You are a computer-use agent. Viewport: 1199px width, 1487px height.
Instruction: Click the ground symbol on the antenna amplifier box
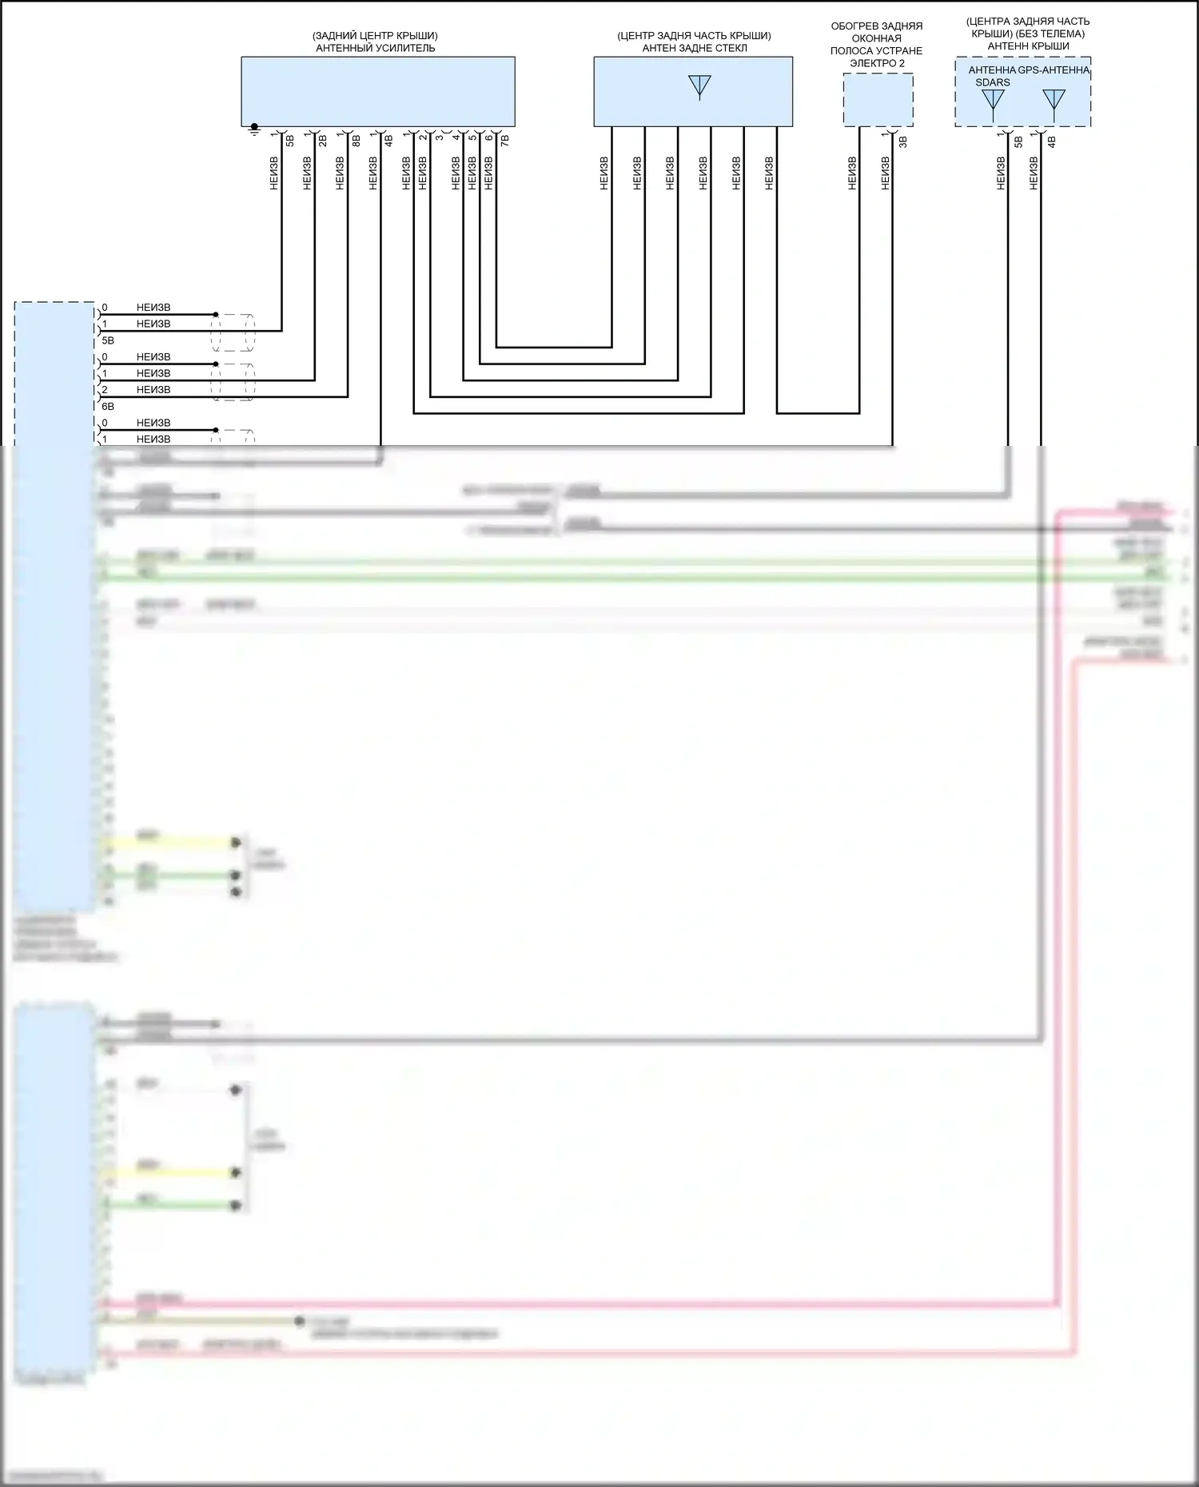pyautogui.click(x=254, y=128)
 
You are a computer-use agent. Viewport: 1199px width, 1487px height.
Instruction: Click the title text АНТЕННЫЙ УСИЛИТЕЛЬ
pyautogui.click(x=376, y=48)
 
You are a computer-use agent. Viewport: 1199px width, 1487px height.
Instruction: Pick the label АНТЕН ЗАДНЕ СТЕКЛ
pyautogui.click(x=694, y=48)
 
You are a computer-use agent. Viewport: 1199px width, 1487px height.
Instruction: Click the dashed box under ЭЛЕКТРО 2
pyautogui.click(x=878, y=100)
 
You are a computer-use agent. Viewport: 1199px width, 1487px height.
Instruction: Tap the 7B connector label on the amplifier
pyautogui.click(x=504, y=141)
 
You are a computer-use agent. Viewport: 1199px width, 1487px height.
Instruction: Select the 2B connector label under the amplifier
pyautogui.click(x=323, y=141)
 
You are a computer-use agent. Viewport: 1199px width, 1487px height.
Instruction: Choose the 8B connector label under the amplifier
pyautogui.click(x=357, y=141)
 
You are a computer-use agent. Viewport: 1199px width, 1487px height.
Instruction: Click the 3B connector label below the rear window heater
pyautogui.click(x=903, y=142)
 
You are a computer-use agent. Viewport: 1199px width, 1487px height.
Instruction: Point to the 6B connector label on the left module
pyautogui.click(x=108, y=407)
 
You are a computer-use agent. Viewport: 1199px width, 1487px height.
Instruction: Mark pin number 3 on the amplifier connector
pyautogui.click(x=440, y=137)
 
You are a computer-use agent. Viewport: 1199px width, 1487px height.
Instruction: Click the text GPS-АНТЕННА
pyautogui.click(x=1054, y=70)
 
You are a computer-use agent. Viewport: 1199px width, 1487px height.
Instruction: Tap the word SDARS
pyautogui.click(x=993, y=82)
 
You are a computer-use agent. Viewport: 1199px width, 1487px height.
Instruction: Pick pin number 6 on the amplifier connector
pyautogui.click(x=489, y=137)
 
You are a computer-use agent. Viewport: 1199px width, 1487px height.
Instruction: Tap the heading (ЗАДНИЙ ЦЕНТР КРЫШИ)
pyautogui.click(x=376, y=36)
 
